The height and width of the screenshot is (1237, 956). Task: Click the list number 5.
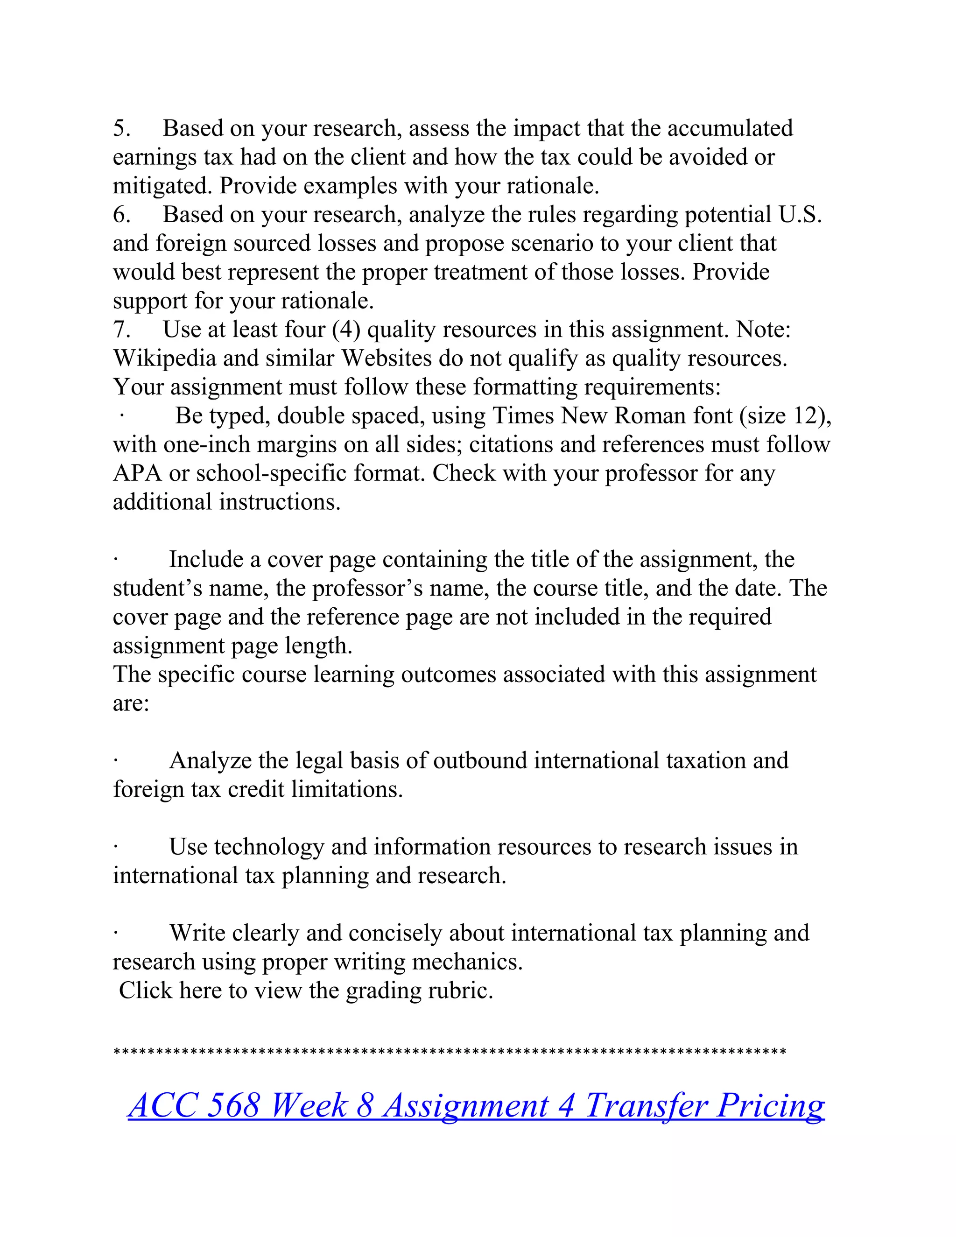pyautogui.click(x=121, y=129)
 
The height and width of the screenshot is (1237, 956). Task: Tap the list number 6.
pyautogui.click(x=121, y=215)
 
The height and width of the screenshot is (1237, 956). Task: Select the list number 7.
pyautogui.click(x=121, y=330)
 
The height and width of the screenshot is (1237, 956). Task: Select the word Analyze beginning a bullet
pyautogui.click(x=210, y=761)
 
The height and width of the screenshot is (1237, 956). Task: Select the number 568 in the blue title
pyautogui.click(x=233, y=1105)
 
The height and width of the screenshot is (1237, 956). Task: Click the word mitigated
pyautogui.click(x=162, y=187)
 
